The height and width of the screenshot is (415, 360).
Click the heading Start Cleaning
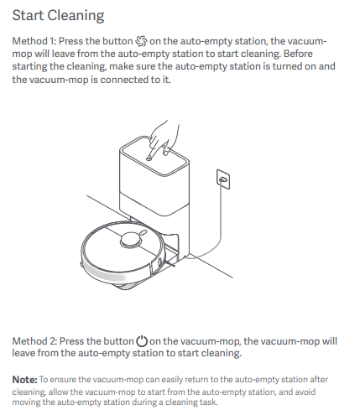pyautogui.click(x=58, y=16)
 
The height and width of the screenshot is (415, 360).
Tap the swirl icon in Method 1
pyautogui.click(x=141, y=41)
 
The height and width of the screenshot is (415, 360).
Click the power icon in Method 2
pyautogui.click(x=142, y=340)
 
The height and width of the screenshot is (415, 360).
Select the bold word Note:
pyautogui.click(x=24, y=380)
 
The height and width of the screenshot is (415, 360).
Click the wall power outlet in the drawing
pyautogui.click(x=223, y=179)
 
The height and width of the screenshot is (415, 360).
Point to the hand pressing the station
pyautogui.click(x=163, y=138)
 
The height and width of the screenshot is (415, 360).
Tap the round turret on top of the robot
pyautogui.click(x=130, y=240)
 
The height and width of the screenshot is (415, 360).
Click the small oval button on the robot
pyautogui.click(x=143, y=232)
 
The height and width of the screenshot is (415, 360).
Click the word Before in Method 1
pyautogui.click(x=298, y=54)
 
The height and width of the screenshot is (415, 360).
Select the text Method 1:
pyautogui.click(x=34, y=41)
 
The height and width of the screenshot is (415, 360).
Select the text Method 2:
pyautogui.click(x=34, y=341)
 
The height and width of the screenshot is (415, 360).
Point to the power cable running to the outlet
pyautogui.click(x=216, y=224)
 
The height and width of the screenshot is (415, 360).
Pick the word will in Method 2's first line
pyautogui.click(x=330, y=341)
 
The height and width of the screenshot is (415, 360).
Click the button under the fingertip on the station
pyautogui.click(x=149, y=158)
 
